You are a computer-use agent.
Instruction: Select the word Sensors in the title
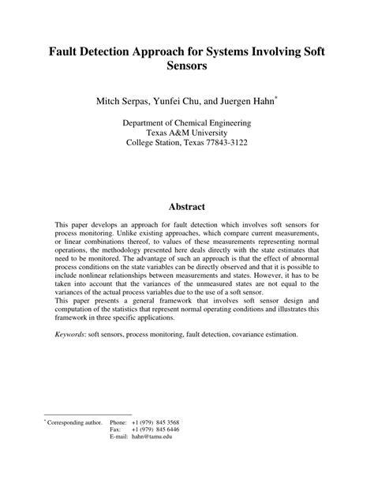click(187, 67)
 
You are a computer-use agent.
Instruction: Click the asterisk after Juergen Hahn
click(275, 98)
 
